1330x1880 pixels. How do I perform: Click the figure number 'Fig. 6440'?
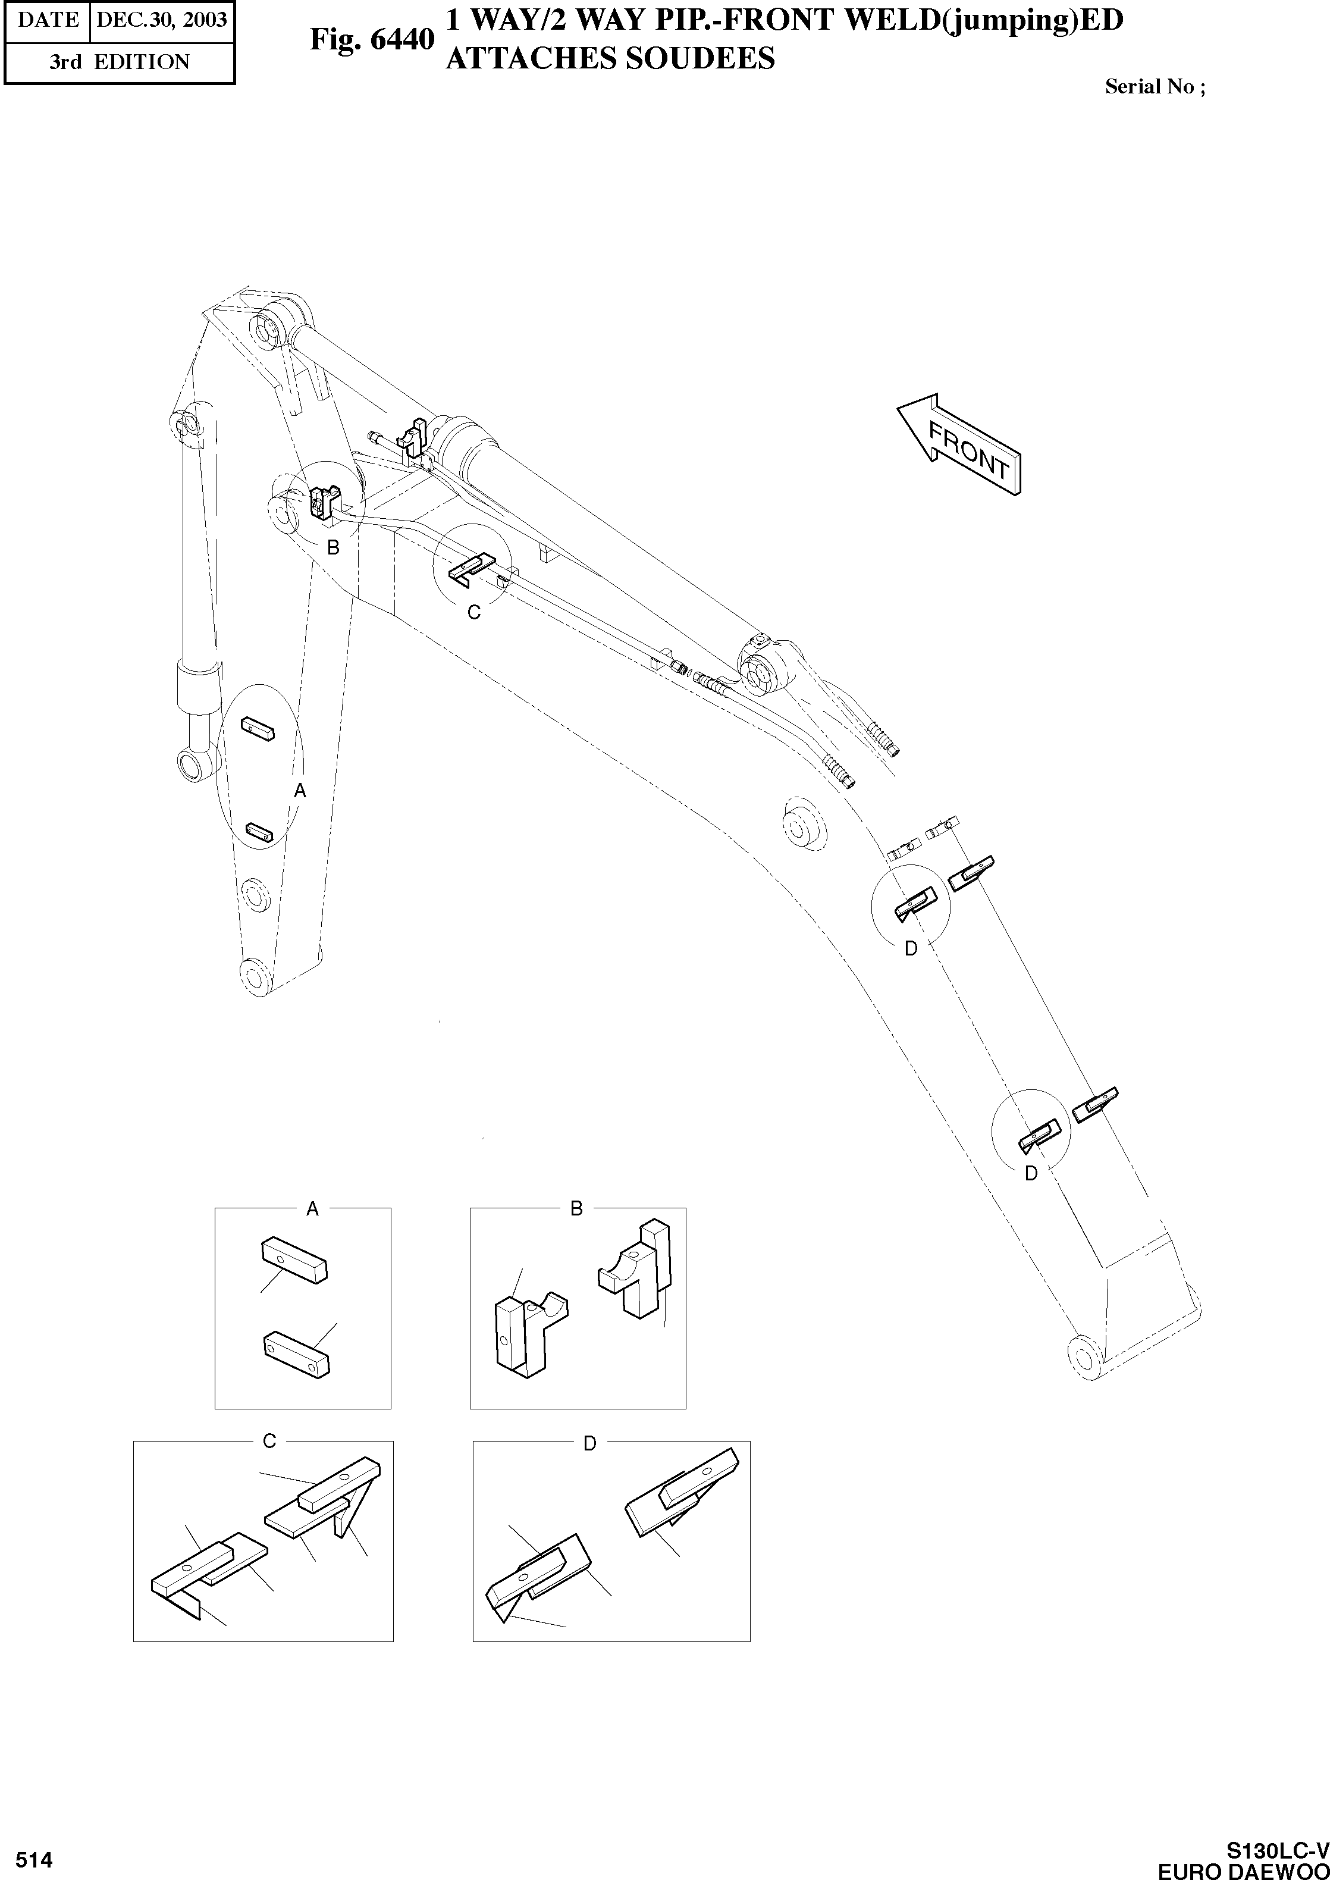[371, 39]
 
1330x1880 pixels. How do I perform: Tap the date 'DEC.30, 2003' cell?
[161, 20]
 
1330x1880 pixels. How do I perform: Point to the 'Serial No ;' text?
[1155, 87]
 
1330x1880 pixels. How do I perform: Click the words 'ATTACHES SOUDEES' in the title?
[610, 58]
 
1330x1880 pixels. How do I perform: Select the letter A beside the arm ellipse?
[300, 791]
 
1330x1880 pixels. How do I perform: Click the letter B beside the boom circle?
[333, 548]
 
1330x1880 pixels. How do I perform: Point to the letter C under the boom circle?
[473, 612]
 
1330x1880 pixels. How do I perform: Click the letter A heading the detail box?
[312, 1208]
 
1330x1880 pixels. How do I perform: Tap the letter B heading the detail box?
[576, 1208]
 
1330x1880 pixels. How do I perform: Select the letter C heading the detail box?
[269, 1441]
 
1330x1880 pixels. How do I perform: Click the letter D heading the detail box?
[589, 1443]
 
